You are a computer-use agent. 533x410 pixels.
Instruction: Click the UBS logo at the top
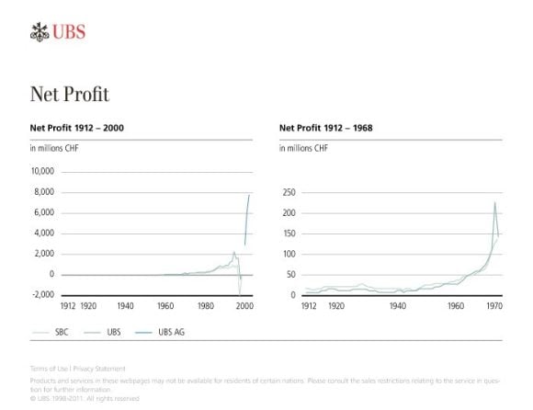[x=57, y=33]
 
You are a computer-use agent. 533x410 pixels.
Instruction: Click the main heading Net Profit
[x=70, y=94]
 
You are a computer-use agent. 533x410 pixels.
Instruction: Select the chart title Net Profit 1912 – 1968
[x=324, y=129]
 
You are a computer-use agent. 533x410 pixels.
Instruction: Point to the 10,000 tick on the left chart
[x=42, y=172]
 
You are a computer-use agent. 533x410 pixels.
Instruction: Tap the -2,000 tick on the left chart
[x=43, y=295]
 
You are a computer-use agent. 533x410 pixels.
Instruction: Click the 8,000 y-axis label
[x=44, y=192]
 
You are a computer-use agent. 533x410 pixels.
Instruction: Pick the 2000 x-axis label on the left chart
[x=244, y=306]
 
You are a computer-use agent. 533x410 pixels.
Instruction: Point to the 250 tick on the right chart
[x=289, y=192]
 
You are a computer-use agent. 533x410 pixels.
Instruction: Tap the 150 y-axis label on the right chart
[x=289, y=233]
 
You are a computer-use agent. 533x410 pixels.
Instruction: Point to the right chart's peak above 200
[x=494, y=203]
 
